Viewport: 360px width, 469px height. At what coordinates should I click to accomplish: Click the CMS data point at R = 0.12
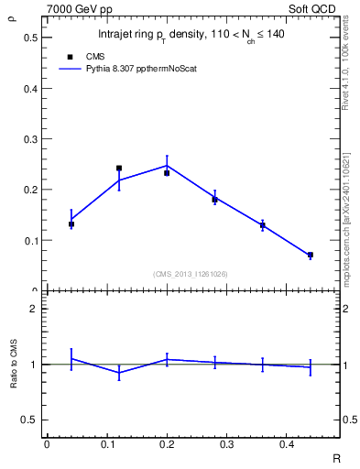point(119,169)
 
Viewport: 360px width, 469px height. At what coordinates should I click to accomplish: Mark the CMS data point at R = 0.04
point(71,224)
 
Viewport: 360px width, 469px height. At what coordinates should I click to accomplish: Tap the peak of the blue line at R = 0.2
point(167,166)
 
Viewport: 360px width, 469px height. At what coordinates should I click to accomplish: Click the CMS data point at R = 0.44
point(311,255)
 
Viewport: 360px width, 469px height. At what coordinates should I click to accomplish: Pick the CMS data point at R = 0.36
point(263,224)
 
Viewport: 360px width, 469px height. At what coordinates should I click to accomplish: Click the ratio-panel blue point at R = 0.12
point(119,373)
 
